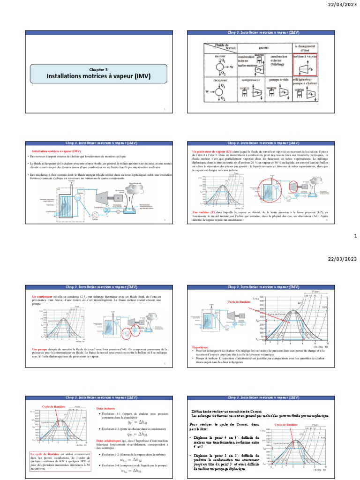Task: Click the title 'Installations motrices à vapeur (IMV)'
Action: tap(99, 75)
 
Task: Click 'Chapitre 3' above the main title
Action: tap(99, 69)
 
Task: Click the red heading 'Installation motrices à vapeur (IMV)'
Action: tap(56, 151)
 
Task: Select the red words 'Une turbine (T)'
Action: tap(202, 212)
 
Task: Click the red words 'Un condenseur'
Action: tap(43, 297)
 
